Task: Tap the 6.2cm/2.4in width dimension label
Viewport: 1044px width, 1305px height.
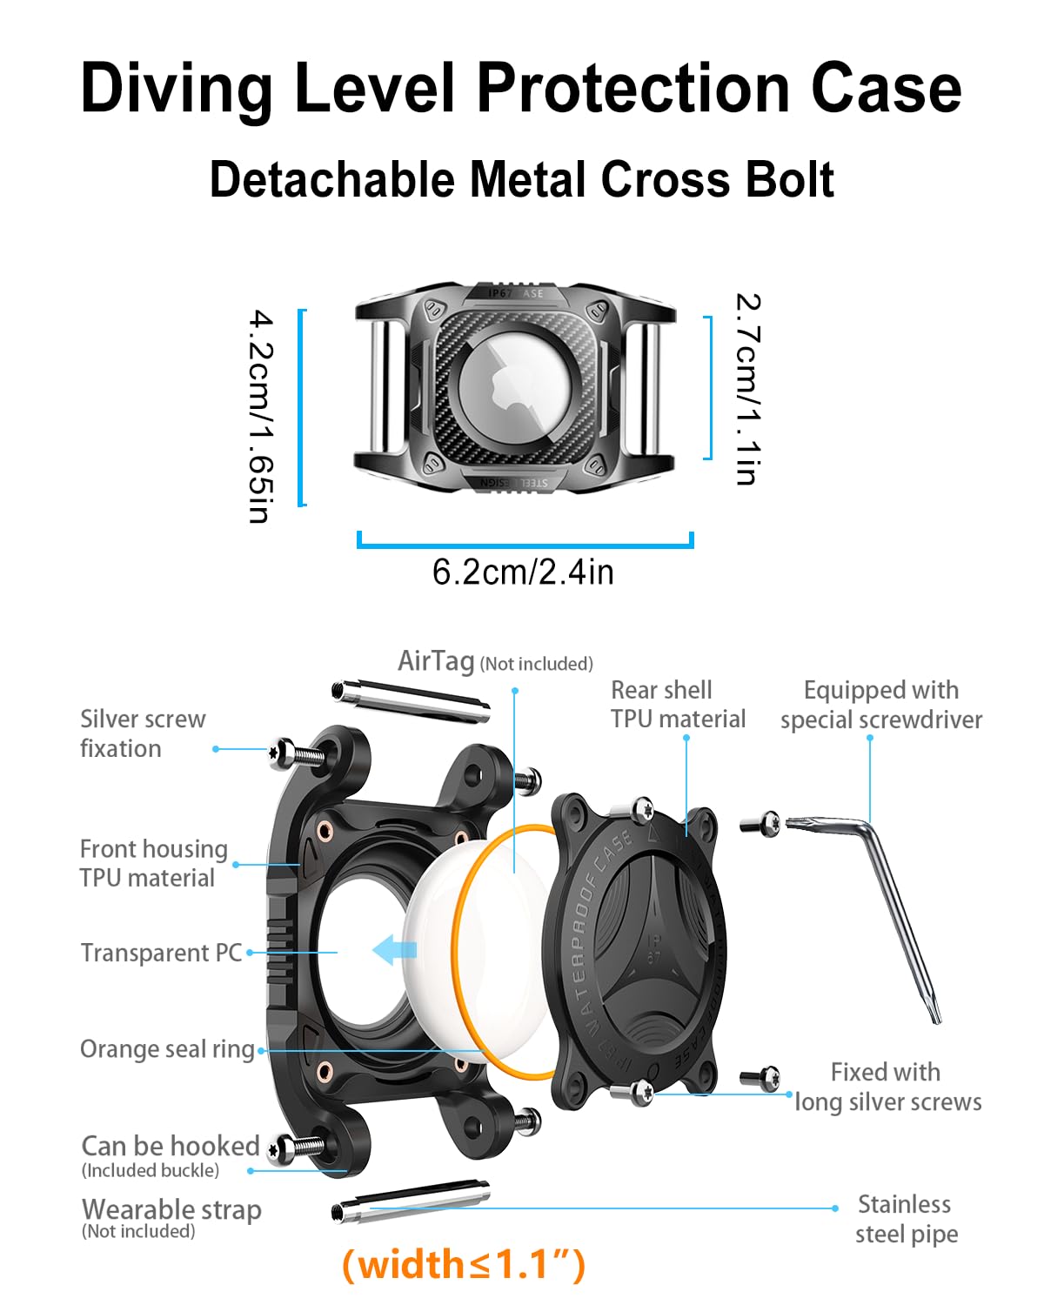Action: pyautogui.click(x=523, y=572)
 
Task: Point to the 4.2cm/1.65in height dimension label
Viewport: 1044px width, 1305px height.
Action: pyautogui.click(x=260, y=417)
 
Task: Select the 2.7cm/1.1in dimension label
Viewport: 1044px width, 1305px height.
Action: pyautogui.click(x=747, y=388)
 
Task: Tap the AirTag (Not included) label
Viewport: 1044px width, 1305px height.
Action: pyautogui.click(x=495, y=662)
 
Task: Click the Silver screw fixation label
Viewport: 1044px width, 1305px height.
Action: pyautogui.click(x=143, y=733)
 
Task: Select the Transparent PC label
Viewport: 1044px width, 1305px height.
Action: pyautogui.click(x=161, y=953)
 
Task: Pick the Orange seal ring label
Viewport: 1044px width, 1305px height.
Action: pyautogui.click(x=167, y=1049)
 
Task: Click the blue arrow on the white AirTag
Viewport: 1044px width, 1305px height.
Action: pyautogui.click(x=394, y=949)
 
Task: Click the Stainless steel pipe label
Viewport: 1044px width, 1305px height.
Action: pyautogui.click(x=905, y=1219)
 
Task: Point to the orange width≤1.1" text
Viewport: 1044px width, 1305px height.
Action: pyautogui.click(x=464, y=1264)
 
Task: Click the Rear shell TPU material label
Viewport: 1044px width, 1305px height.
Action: pyautogui.click(x=678, y=705)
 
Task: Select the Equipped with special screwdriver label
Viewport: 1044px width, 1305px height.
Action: pyautogui.click(x=880, y=705)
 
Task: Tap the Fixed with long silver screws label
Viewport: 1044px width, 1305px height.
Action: pyautogui.click(x=887, y=1087)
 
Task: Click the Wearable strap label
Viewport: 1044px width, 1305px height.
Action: pyautogui.click(x=171, y=1210)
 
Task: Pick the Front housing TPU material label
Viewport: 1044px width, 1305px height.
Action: pyautogui.click(x=153, y=863)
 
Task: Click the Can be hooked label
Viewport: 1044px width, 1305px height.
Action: pyautogui.click(x=170, y=1146)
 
